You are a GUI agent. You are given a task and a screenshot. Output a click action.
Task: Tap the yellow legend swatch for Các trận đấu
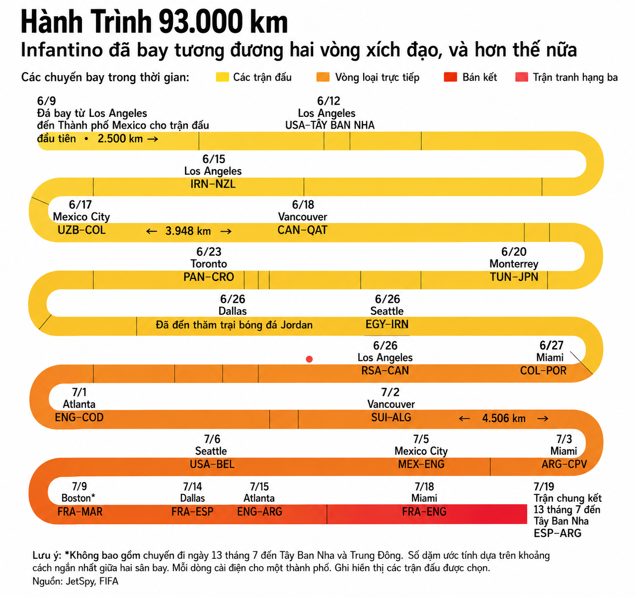[222, 77]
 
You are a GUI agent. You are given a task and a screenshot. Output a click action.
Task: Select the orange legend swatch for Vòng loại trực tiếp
[323, 77]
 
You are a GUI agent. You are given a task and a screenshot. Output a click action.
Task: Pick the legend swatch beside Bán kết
[450, 77]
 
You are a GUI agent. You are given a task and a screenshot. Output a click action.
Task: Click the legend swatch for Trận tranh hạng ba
[521, 77]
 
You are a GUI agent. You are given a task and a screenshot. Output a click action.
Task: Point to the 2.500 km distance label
[120, 138]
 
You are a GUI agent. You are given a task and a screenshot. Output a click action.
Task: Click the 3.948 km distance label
[188, 231]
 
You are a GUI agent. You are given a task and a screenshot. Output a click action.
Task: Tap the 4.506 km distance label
[504, 418]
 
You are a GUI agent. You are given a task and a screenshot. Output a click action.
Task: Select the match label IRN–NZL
[213, 184]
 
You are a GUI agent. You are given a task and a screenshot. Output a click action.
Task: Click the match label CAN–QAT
[302, 230]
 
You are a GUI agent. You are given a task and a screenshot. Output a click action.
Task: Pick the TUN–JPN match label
[514, 277]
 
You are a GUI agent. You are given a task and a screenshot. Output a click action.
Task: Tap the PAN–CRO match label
[208, 277]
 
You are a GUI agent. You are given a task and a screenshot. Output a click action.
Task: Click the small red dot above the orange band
[309, 359]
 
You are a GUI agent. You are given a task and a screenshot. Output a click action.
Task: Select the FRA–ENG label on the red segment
[424, 512]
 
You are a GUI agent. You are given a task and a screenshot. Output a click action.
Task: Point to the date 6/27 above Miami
[551, 345]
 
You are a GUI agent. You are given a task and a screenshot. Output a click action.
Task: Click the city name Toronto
[208, 264]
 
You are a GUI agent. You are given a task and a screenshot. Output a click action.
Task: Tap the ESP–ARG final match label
[557, 533]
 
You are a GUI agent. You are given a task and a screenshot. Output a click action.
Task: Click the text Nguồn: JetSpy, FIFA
[75, 581]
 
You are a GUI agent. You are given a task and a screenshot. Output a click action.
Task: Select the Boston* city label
[78, 498]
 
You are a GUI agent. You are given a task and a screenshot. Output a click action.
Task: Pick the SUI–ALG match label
[391, 417]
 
